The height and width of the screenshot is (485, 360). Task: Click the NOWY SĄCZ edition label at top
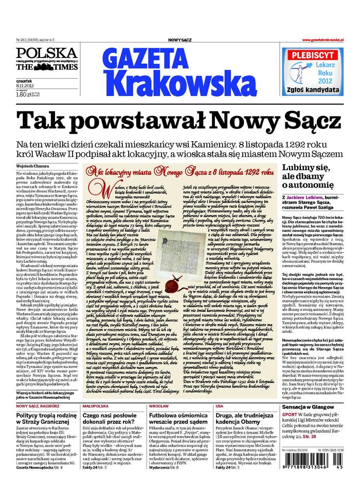[180, 40]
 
